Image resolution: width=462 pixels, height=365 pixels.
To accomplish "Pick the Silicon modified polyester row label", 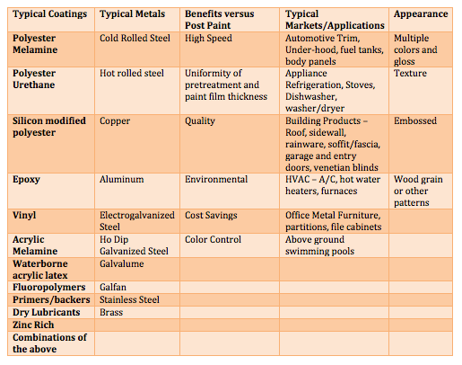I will coord(50,126).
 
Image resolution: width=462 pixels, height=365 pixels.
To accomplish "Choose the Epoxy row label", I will coord(28,180).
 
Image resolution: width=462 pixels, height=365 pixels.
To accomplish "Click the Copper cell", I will coord(115,120).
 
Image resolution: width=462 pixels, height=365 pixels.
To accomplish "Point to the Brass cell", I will coord(112,312).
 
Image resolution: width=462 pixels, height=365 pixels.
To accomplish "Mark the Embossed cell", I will coord(414,120).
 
